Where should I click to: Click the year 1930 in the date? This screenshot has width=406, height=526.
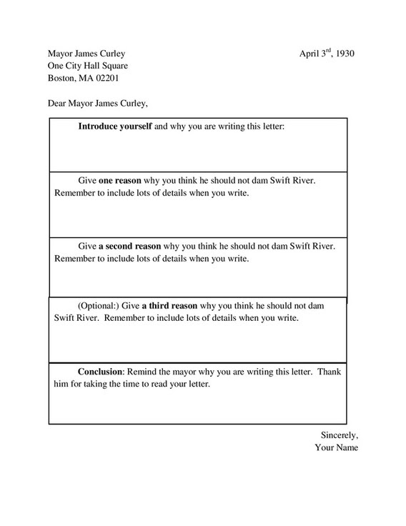tap(345, 54)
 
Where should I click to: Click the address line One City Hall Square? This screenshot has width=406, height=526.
tap(88, 66)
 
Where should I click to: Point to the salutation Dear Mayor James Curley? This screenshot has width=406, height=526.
tap(98, 103)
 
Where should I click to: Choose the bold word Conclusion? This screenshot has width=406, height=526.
tap(101, 372)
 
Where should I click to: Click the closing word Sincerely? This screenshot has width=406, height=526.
tap(339, 435)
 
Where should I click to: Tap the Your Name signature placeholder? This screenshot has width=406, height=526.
tap(336, 448)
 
